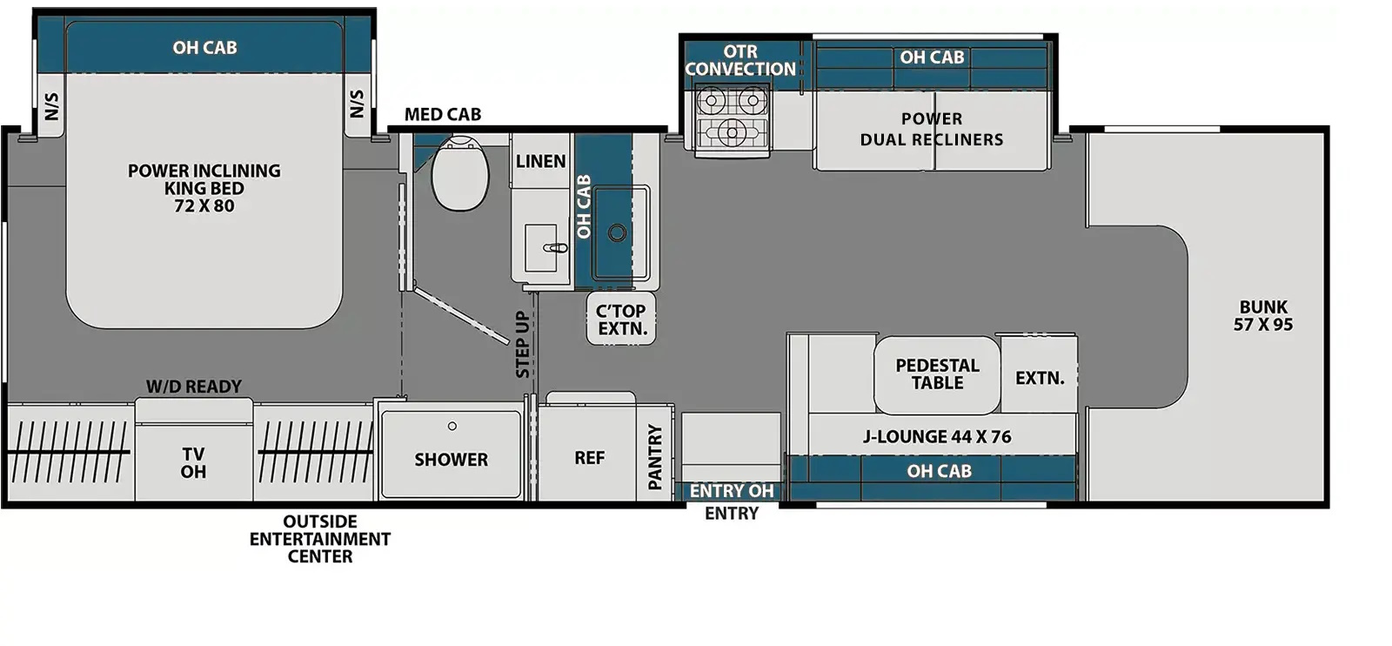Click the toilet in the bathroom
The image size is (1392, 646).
click(460, 173)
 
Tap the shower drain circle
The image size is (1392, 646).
click(452, 426)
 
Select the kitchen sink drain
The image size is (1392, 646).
click(617, 233)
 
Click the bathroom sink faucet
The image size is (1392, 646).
click(556, 248)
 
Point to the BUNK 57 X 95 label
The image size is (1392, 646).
click(1263, 316)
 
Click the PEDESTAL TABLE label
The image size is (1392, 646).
click(937, 374)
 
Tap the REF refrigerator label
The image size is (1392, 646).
click(589, 458)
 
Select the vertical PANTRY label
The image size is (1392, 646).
click(655, 457)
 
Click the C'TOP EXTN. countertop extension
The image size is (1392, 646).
click(621, 319)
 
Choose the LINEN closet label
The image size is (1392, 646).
click(540, 162)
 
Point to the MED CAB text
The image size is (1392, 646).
click(443, 114)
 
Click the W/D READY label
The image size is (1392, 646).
click(194, 387)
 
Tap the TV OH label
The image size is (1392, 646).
click(193, 463)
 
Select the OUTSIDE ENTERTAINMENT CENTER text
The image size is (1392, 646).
click(320, 539)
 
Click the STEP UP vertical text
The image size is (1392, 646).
click(523, 345)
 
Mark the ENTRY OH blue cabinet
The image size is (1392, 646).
click(732, 491)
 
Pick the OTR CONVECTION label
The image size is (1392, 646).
click(740, 60)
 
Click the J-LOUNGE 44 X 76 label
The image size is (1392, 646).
click(937, 437)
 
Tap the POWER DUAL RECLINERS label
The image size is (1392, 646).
click(932, 130)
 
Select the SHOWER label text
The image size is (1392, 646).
click(452, 460)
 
